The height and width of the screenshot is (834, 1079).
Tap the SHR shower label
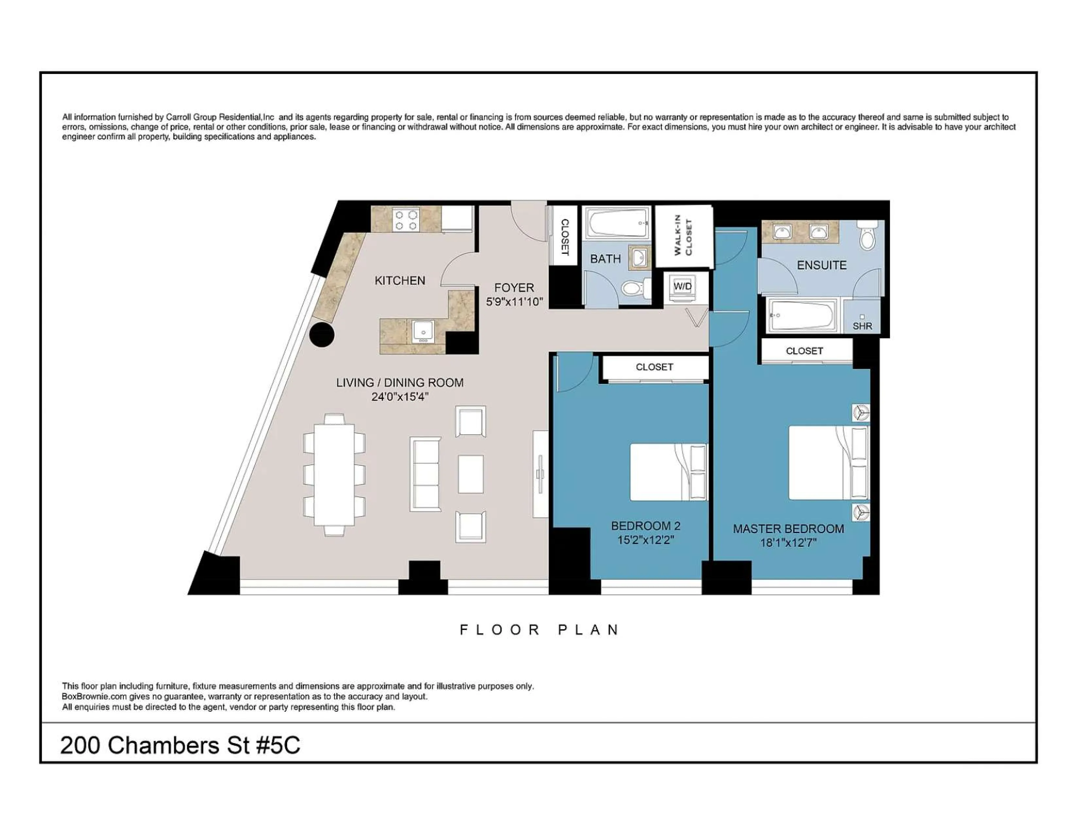[862, 326]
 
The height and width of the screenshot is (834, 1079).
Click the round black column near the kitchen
[322, 335]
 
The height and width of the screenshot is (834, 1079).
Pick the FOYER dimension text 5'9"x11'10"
[514, 302]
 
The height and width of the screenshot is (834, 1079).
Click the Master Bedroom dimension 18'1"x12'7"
[788, 543]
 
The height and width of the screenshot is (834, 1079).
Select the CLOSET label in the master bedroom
[804, 351]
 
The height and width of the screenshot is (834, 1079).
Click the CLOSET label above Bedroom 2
[654, 367]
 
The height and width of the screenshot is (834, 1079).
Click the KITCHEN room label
[400, 281]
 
